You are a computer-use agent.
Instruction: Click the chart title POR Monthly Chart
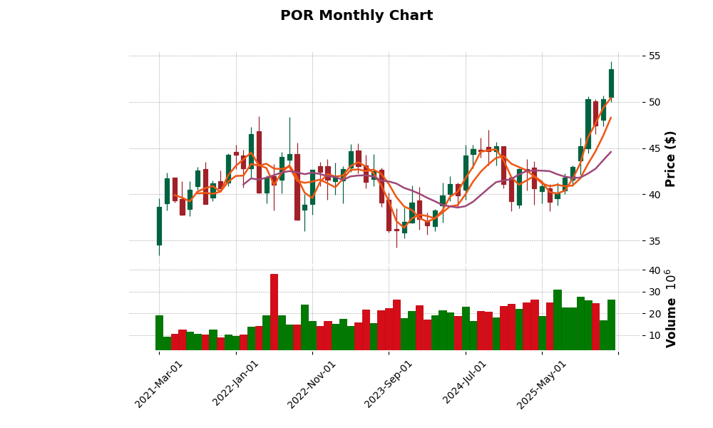point(356,16)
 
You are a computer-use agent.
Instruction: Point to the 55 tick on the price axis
point(655,56)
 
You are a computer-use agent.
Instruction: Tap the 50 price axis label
point(655,102)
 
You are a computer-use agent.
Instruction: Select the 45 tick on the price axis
point(655,148)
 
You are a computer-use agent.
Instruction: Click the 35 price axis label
point(655,241)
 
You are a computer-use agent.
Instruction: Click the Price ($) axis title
point(671,158)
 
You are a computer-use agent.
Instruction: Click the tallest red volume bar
point(274,312)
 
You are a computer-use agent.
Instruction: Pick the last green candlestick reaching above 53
point(611,83)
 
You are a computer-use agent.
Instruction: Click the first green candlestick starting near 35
point(159,226)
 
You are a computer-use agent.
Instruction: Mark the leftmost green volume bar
point(159,332)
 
